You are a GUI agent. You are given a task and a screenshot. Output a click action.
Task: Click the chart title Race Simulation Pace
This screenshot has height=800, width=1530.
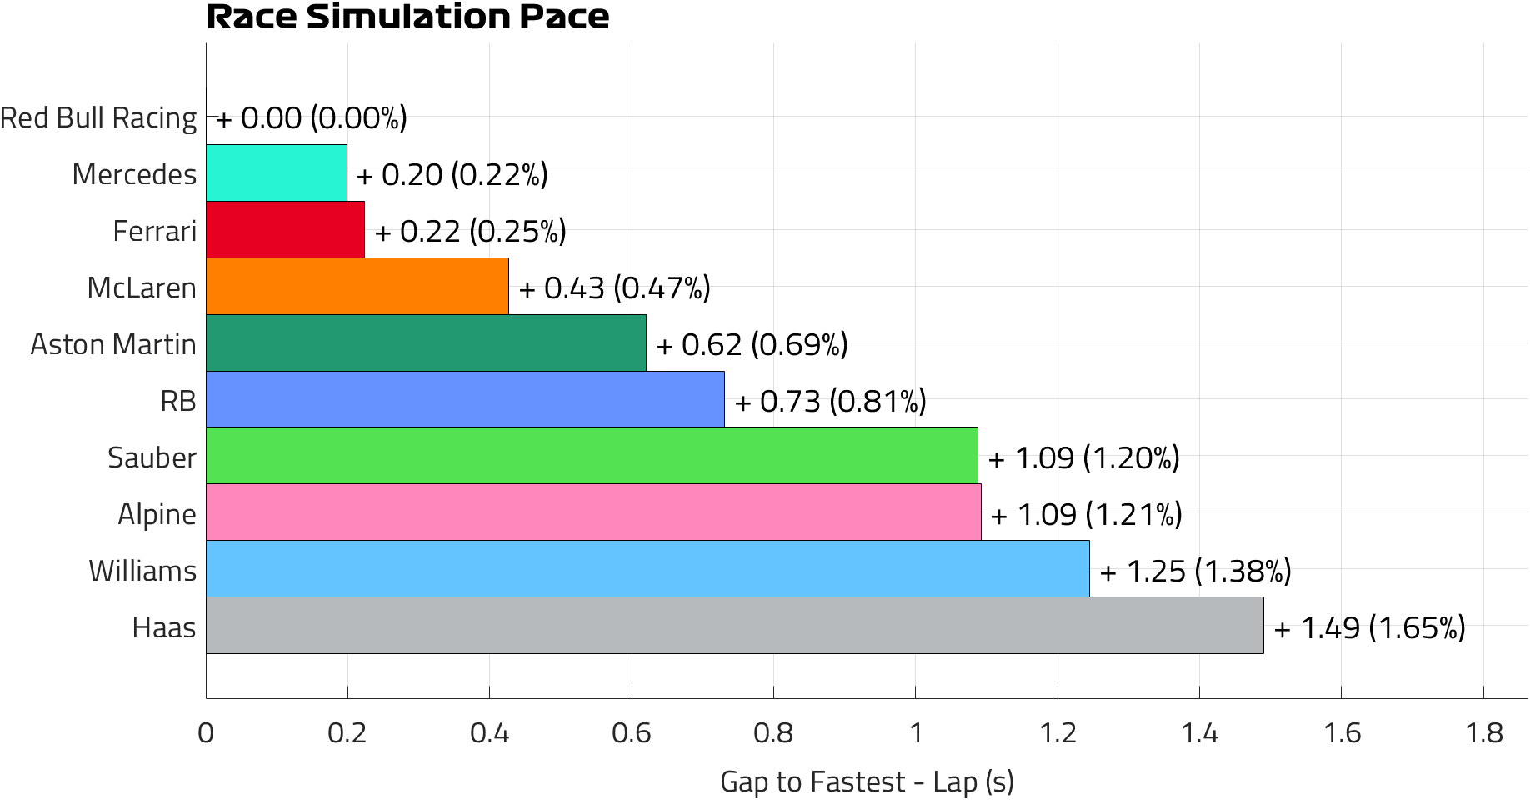tap(407, 17)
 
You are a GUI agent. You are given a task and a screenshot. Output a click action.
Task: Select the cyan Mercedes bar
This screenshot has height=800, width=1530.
tap(277, 172)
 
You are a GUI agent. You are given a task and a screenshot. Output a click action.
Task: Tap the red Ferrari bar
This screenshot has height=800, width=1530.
tap(285, 229)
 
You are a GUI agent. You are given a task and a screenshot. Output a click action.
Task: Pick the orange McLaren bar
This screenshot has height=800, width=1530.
tap(357, 286)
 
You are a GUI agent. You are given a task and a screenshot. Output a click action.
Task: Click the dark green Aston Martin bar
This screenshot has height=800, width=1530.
tap(426, 342)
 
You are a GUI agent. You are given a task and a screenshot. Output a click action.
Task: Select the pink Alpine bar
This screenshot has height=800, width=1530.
tap(593, 512)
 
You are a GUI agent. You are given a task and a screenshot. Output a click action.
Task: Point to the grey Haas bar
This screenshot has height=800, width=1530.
tap(734, 626)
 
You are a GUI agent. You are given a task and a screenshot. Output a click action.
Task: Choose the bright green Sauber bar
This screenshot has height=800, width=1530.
tap(592, 456)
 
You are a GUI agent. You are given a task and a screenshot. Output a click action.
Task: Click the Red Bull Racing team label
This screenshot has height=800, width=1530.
tap(98, 117)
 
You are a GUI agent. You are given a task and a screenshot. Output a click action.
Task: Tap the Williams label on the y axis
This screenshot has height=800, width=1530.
tap(142, 571)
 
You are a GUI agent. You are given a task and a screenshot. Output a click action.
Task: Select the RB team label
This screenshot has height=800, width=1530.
tap(178, 401)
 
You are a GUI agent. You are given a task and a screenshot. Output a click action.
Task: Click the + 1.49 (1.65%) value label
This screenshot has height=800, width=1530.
tap(1369, 627)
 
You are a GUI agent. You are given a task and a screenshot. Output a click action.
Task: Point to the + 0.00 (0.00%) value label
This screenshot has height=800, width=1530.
tap(311, 117)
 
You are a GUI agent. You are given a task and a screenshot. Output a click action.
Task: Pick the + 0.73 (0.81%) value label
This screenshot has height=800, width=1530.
tap(830, 401)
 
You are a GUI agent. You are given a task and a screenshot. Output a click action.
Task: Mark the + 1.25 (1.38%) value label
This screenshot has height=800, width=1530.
tap(1195, 571)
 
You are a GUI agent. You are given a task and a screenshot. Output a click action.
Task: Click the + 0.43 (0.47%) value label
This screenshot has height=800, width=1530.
tap(614, 287)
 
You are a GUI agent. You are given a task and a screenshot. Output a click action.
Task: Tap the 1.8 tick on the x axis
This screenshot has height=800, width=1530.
tap(1483, 733)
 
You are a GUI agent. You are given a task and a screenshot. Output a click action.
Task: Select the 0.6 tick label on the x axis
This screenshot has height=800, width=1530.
tap(632, 733)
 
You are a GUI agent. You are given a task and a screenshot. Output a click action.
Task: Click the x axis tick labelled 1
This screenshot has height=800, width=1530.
tap(916, 733)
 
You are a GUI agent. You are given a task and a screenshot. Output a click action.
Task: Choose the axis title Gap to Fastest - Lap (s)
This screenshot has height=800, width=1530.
tap(867, 782)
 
